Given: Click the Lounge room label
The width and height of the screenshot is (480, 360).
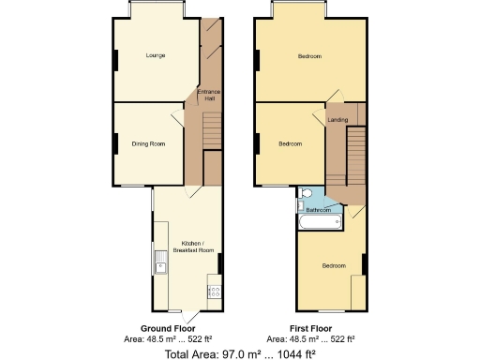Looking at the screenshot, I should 156,56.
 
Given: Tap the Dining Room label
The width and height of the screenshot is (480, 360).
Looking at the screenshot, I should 148,143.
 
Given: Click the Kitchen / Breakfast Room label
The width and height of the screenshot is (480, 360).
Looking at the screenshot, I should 193,247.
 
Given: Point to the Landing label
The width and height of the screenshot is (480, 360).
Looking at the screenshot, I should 337,120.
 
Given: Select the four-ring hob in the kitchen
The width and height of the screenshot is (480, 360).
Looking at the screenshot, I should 214,292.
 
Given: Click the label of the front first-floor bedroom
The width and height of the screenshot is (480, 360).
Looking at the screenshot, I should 309,56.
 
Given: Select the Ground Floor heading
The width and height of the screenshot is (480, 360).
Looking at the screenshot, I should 169,328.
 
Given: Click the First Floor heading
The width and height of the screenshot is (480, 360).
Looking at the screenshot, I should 310,328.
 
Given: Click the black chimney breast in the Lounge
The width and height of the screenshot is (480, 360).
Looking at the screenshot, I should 115,60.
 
